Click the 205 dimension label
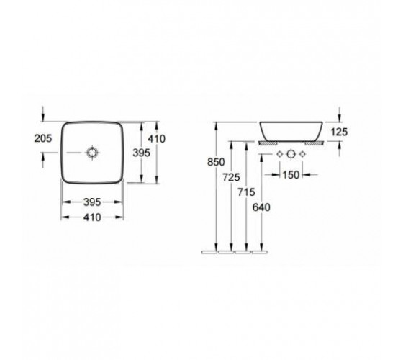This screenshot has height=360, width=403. pyautogui.click(x=43, y=138)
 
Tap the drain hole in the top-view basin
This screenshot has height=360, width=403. pyautogui.click(x=92, y=153)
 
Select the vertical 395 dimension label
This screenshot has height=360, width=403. pyautogui.click(x=141, y=153)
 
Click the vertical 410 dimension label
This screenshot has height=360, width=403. pyautogui.click(x=157, y=139)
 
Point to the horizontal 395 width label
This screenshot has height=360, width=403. pyautogui.click(x=92, y=202)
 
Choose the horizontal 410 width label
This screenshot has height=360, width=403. pyautogui.click(x=92, y=217)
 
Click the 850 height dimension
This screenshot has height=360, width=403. pyautogui.click(x=216, y=162)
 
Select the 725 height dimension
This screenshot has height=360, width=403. pyautogui.click(x=231, y=177)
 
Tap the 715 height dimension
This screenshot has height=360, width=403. pyautogui.click(x=246, y=192)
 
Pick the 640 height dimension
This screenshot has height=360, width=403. pyautogui.click(x=261, y=207)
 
